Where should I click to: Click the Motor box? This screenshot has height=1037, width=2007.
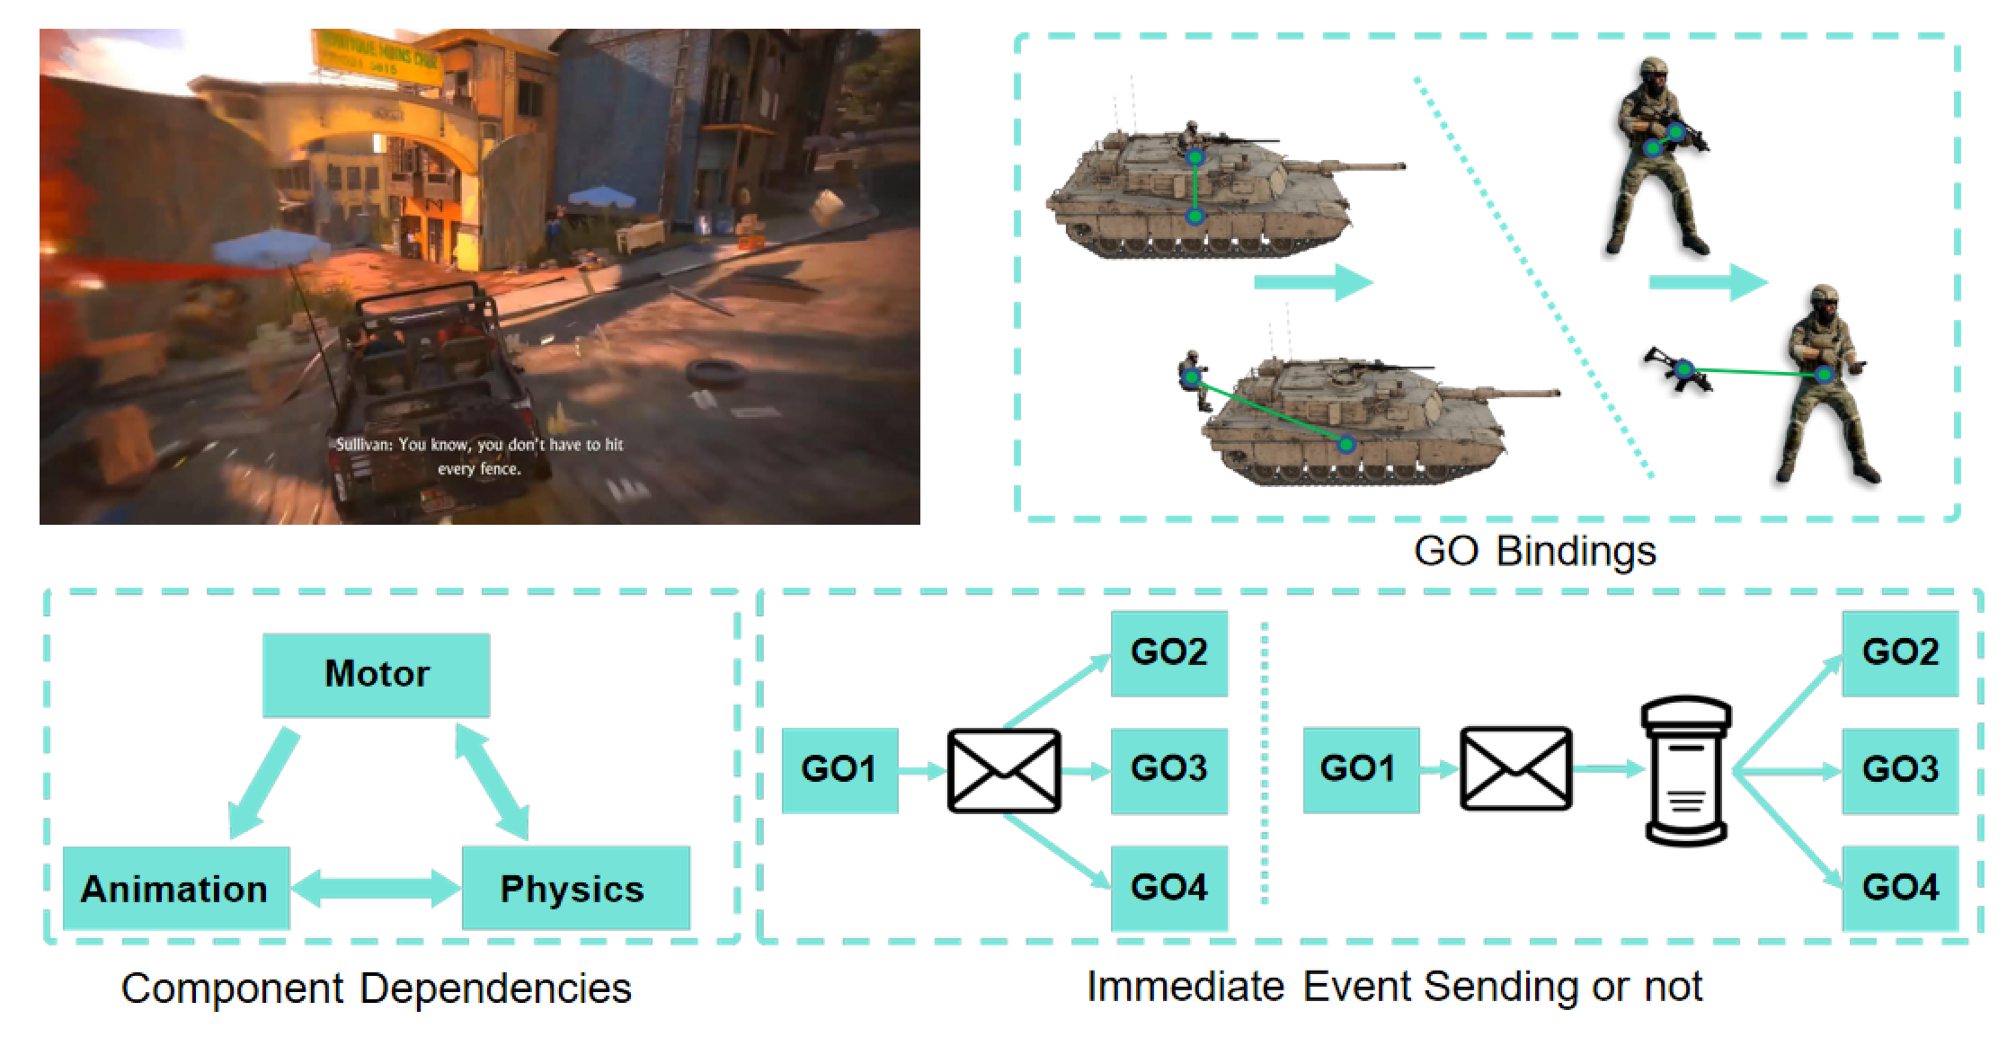[x=376, y=675]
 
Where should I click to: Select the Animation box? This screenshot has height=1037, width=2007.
[x=176, y=889]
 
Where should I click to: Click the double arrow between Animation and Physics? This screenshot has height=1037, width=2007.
[x=376, y=889]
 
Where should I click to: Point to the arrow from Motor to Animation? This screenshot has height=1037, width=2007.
[x=262, y=783]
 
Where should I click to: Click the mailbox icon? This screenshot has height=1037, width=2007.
[x=1686, y=770]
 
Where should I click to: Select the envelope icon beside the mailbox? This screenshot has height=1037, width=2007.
[x=1516, y=769]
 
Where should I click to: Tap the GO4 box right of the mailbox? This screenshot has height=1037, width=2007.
[x=1900, y=888]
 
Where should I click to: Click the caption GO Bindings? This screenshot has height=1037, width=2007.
[x=1534, y=551]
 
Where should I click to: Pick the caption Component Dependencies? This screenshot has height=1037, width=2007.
[x=376, y=988]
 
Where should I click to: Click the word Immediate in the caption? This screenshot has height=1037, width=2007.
[x=1188, y=986]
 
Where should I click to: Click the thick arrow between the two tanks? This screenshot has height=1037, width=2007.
[x=1313, y=282]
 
